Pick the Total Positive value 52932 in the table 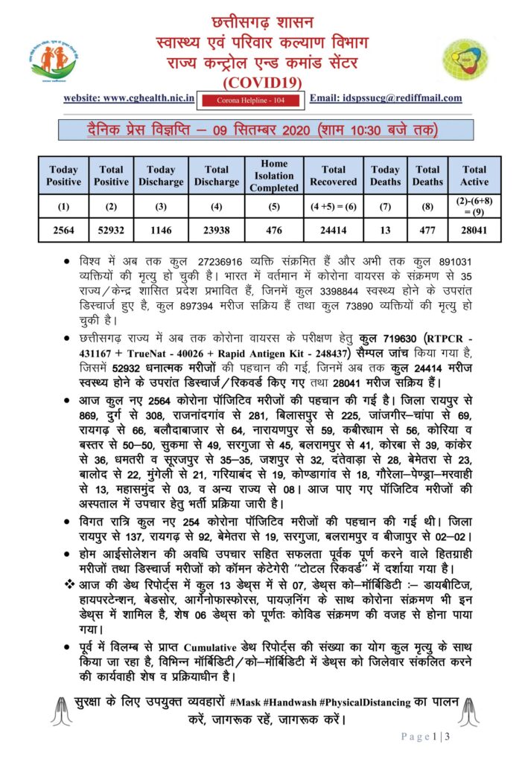[112, 231]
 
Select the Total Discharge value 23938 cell [217, 231]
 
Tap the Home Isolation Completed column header [274, 176]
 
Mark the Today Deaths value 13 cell [385, 231]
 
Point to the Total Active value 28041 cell [474, 231]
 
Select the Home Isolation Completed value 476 [274, 231]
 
